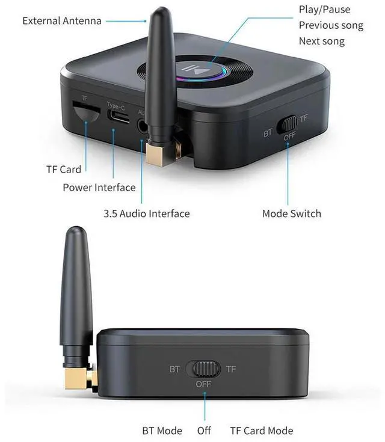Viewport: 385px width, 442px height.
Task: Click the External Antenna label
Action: point(62,20)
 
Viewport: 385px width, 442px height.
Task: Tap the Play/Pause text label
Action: point(324,10)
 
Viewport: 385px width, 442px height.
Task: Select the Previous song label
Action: point(331,25)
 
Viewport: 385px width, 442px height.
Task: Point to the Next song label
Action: point(322,41)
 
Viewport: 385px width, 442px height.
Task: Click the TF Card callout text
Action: point(64,169)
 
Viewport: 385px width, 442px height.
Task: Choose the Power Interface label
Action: point(99,188)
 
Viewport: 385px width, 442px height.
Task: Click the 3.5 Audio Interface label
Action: point(146,213)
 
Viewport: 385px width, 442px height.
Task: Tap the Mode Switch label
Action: point(292,213)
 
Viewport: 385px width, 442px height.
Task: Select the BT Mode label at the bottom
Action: point(162,431)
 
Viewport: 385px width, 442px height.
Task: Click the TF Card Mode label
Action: point(262,431)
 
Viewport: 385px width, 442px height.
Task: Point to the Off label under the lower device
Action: point(205,431)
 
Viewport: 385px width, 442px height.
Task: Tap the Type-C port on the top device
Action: point(118,117)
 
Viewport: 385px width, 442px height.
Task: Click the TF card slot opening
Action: point(85,112)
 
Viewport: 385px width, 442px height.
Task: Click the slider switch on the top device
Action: point(287,124)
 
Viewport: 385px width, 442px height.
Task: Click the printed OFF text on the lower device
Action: point(203,384)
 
